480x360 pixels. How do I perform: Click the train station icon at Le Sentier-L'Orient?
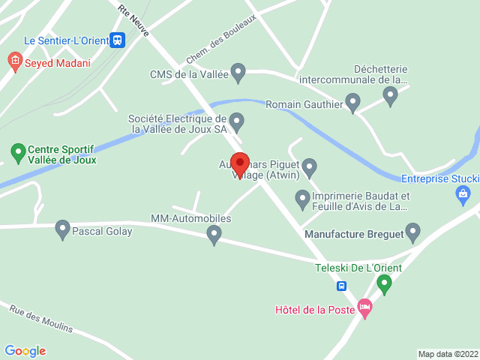(116, 40)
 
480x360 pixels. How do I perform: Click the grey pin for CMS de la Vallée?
(238, 73)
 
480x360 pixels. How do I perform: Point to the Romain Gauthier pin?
(353, 103)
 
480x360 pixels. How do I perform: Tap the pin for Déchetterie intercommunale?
(390, 95)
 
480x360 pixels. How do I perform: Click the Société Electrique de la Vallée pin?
(236, 121)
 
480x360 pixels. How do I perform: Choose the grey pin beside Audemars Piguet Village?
(309, 167)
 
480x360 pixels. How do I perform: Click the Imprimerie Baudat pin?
(302, 199)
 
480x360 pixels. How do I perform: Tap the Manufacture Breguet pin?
(412, 232)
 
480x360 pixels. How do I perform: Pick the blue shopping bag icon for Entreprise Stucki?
(463, 196)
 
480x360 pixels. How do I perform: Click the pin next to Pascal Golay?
(62, 229)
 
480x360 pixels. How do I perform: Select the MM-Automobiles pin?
(214, 235)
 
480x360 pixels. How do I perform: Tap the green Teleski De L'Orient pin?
(385, 283)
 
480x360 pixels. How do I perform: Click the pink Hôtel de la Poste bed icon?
(365, 307)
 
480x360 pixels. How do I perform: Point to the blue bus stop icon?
(341, 285)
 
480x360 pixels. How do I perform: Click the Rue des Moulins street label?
(41, 318)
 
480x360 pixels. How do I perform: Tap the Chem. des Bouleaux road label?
(221, 38)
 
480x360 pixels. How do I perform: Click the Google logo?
(25, 351)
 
